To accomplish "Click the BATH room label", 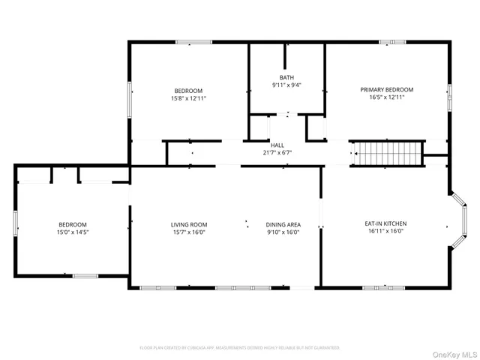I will click(286, 77).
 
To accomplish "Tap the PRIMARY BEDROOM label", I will click(386, 89).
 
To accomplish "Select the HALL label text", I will click(277, 145).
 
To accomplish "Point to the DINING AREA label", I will click(283, 224).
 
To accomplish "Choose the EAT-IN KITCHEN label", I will click(385, 223).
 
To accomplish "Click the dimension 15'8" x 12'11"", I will click(188, 97).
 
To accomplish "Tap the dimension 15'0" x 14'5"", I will click(73, 232).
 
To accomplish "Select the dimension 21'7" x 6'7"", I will click(277, 152).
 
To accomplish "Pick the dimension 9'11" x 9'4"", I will click(286, 85).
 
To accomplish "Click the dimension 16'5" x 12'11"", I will click(386, 97).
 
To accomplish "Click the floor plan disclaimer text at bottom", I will click(240, 347).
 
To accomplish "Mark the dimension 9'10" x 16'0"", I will click(283, 232).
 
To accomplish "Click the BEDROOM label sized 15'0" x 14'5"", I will click(73, 224).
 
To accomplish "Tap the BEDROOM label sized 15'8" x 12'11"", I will click(188, 90).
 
